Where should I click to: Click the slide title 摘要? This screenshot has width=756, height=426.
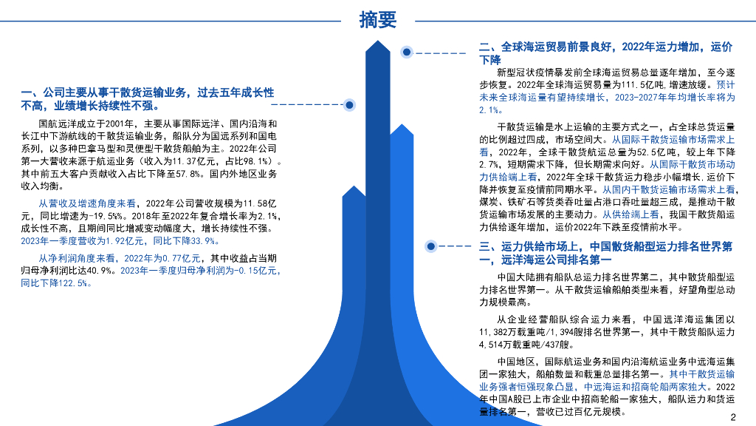(x=378, y=19)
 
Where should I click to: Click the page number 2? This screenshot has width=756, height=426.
(x=733, y=416)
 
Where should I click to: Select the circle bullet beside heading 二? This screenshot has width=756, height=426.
(x=406, y=53)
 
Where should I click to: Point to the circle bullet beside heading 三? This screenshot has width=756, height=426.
(x=430, y=244)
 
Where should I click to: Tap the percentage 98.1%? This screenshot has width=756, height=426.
(x=251, y=160)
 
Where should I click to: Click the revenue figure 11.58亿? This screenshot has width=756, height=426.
(x=252, y=203)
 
